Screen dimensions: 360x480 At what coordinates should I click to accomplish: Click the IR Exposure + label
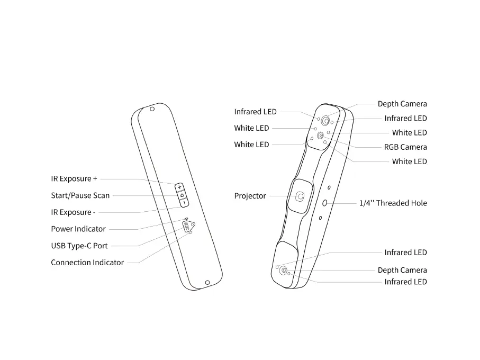point(74,179)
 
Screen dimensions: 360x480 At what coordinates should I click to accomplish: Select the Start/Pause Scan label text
point(80,195)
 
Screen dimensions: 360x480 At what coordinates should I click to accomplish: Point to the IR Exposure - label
point(73,212)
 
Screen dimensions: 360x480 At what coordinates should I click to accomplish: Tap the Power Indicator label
point(78,229)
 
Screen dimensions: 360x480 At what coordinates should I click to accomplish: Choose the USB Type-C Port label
point(79,246)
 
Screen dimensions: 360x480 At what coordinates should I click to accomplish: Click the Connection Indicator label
point(87,263)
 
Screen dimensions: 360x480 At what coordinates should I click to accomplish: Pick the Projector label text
point(250,196)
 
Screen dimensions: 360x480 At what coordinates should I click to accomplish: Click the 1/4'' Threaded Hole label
point(393,203)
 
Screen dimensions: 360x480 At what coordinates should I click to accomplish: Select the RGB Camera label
point(405,147)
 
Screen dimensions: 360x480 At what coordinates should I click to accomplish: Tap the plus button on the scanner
point(179,187)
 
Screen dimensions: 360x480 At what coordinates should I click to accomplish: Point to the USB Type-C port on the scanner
point(186,227)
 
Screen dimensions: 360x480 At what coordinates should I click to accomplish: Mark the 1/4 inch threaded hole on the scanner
point(325,202)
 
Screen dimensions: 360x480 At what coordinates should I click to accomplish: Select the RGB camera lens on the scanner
point(321,135)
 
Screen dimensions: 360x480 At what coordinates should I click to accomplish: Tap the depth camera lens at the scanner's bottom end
point(284,271)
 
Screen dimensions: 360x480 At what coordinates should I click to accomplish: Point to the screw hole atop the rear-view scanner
point(152,109)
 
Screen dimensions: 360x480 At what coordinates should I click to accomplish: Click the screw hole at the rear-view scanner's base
point(207,282)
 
